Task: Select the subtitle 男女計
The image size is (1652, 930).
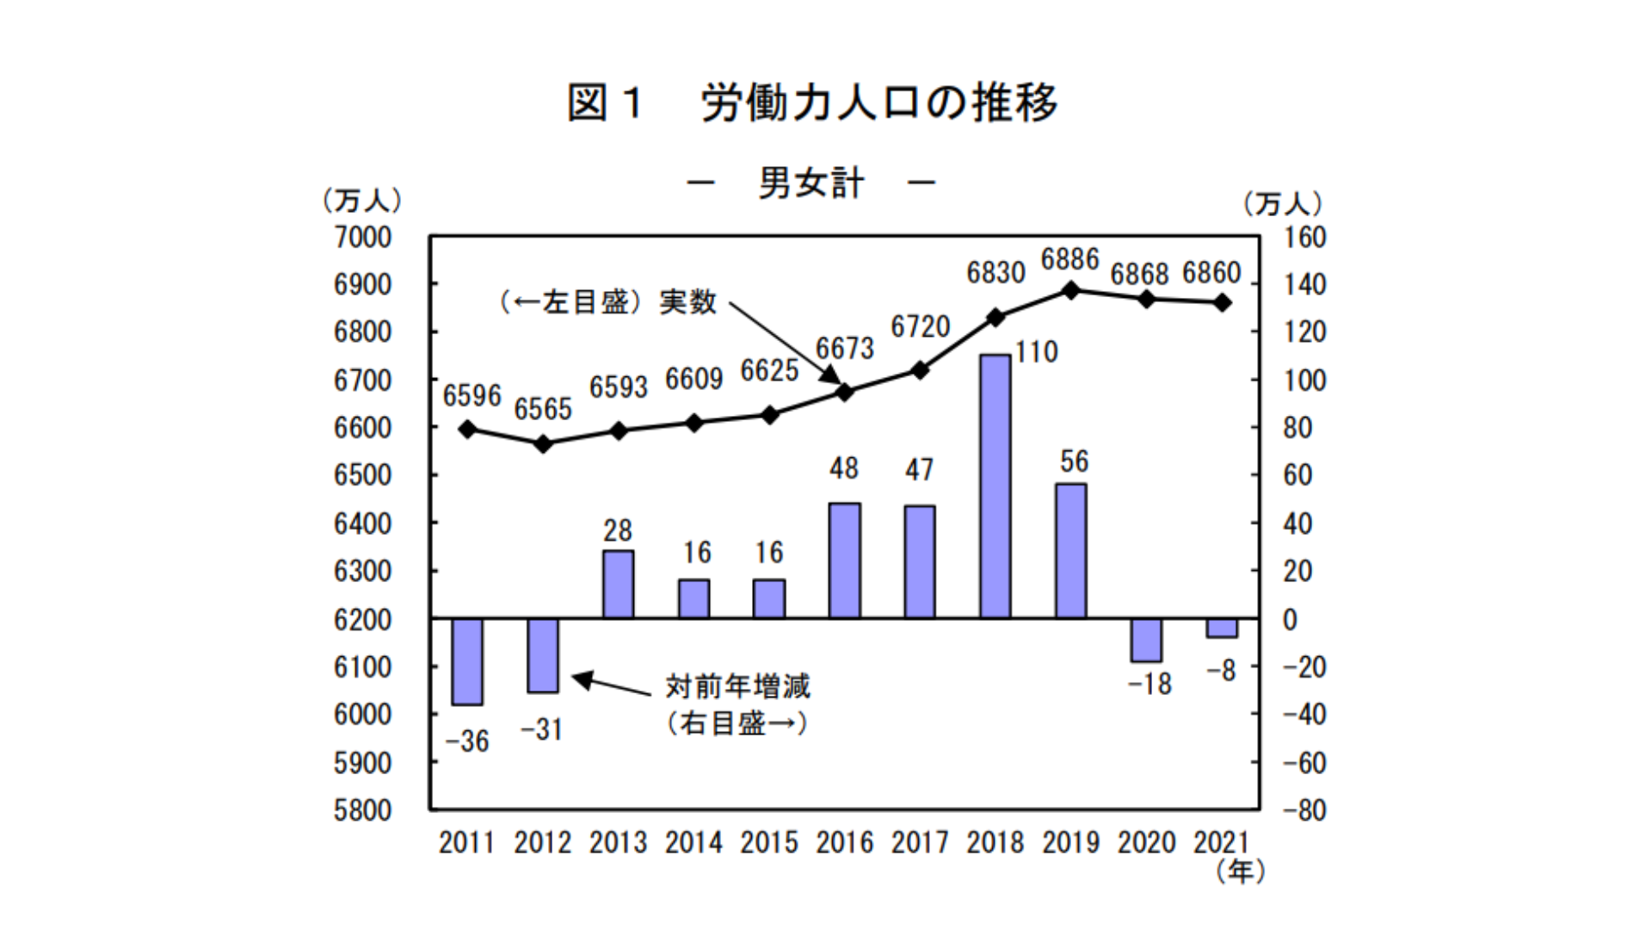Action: (x=811, y=183)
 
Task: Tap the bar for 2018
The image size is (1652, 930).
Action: (x=996, y=487)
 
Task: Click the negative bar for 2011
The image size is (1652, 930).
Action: (x=467, y=661)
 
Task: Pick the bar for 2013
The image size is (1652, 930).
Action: (x=618, y=585)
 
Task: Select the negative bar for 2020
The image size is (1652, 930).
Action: (x=1146, y=640)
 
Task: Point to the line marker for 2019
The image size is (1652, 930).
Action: (x=1071, y=290)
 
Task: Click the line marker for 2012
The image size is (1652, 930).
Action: (x=543, y=443)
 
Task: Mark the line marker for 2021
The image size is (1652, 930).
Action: (x=1222, y=302)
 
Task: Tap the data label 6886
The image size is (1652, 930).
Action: (x=1070, y=259)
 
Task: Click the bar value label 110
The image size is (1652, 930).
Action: (x=1036, y=352)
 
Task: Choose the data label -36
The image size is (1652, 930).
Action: (x=467, y=741)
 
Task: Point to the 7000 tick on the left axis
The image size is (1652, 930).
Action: (x=362, y=238)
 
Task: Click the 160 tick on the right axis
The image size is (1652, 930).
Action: (x=1304, y=238)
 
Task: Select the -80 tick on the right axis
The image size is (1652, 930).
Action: (x=1304, y=810)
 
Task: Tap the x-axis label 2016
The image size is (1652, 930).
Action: (x=844, y=842)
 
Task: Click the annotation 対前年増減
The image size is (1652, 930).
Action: (x=737, y=686)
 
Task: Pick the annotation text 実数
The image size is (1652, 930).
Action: (x=688, y=302)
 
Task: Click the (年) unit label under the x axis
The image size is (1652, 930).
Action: (x=1240, y=871)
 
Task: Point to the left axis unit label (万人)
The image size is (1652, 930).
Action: (x=362, y=201)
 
